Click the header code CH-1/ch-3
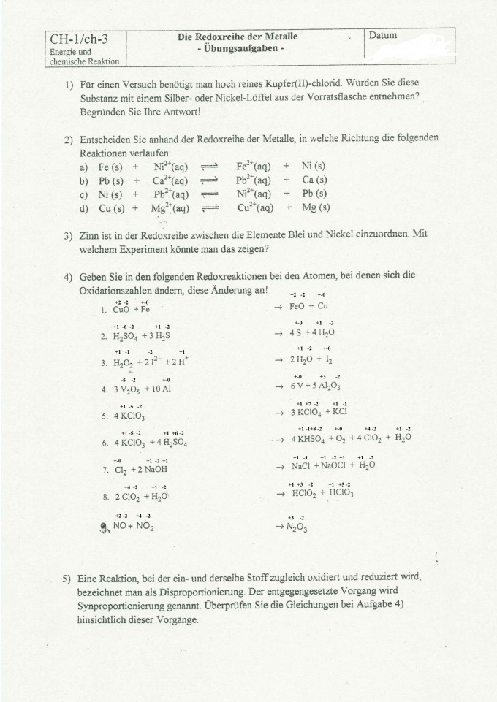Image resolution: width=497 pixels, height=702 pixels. tap(76, 39)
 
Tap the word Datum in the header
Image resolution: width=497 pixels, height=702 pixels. tap(384, 35)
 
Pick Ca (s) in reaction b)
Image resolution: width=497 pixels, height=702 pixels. tap(314, 180)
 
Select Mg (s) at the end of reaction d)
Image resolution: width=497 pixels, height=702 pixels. tap(317, 207)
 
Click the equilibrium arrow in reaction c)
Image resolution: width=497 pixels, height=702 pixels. tap(210, 194)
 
